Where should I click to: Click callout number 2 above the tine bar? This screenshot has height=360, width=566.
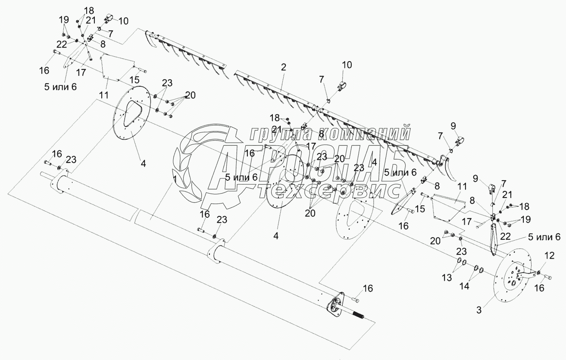(x=284, y=67)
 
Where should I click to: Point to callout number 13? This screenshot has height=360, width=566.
(x=447, y=278)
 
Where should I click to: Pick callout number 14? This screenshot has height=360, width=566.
(x=464, y=286)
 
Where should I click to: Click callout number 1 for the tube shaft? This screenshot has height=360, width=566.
(x=175, y=179)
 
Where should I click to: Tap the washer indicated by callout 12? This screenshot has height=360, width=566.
(x=538, y=272)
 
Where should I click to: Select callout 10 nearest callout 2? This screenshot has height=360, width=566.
(x=347, y=65)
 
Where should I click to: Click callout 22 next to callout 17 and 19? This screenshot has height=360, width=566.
(x=505, y=236)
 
